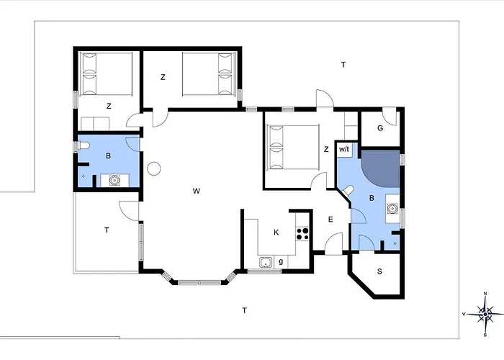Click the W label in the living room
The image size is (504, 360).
(x=197, y=192)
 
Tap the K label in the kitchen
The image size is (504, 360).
(x=276, y=233)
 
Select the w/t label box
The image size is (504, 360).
(x=344, y=150)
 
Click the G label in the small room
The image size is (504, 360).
(x=380, y=128)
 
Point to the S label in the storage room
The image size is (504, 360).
(x=379, y=271)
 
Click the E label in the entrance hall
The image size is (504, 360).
(x=330, y=220)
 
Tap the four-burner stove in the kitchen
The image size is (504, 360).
(x=302, y=234)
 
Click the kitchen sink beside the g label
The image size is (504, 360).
(x=266, y=262)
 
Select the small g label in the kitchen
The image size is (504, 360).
(x=281, y=261)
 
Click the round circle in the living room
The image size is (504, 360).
(x=154, y=168)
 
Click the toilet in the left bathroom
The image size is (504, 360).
(x=84, y=146)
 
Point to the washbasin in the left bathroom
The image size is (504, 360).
(x=114, y=180)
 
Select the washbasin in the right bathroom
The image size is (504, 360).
(x=392, y=209)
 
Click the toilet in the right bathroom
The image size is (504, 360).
(x=348, y=190)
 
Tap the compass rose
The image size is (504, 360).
(x=485, y=314)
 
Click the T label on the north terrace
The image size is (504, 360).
(x=343, y=65)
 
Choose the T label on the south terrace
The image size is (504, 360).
(x=245, y=310)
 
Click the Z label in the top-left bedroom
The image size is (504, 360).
(x=109, y=106)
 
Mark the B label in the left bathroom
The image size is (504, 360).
(x=108, y=156)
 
